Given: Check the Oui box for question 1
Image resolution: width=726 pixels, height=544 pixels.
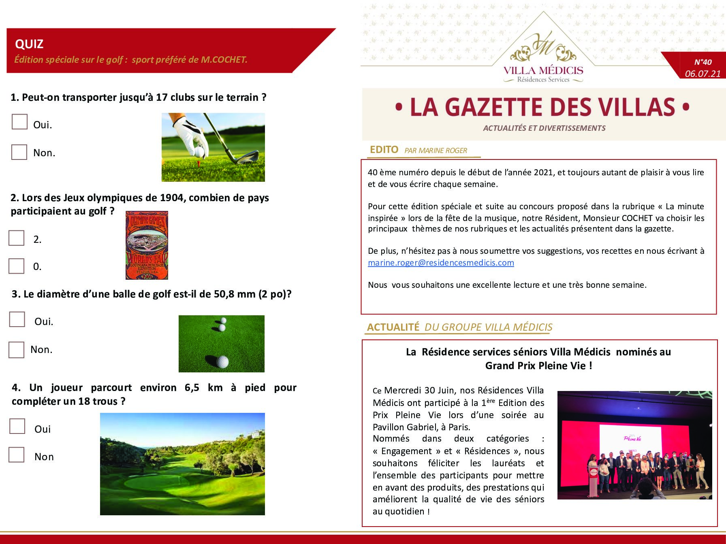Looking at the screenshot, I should tap(19, 122).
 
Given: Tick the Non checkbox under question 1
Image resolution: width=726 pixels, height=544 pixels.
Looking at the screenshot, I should tap(19, 152).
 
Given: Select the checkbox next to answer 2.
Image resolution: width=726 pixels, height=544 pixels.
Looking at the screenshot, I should tap(17, 238).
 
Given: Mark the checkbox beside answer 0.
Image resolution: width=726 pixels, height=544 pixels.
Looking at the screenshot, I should tap(17, 266).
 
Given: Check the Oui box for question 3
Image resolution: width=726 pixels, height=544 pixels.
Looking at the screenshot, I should tap(17, 319).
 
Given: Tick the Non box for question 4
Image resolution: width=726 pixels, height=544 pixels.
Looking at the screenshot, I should tap(17, 455).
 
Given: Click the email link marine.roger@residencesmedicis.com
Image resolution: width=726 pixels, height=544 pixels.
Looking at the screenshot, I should tap(441, 263).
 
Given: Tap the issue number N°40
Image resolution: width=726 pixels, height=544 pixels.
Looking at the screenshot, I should tap(703, 62).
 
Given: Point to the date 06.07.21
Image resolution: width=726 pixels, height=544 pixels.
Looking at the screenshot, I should tap(703, 74).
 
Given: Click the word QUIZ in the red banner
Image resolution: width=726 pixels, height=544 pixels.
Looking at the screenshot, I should tap(29, 44).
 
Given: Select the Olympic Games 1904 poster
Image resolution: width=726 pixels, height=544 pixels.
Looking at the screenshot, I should tap(147, 245).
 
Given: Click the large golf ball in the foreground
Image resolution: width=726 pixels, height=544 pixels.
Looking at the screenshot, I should tap(222, 361).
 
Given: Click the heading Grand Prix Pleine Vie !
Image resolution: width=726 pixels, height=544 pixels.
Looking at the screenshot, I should tap(538, 365).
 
